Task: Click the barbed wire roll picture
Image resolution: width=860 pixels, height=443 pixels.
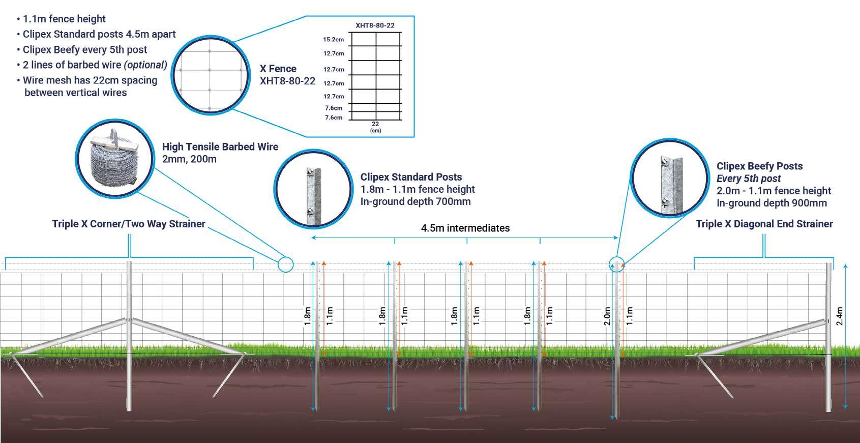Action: coord(114,158)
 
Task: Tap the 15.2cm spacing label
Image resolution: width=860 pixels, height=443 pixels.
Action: coord(333,39)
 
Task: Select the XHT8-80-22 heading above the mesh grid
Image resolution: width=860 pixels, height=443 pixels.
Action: coord(375,25)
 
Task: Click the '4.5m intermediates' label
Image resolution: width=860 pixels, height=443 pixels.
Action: coord(465,228)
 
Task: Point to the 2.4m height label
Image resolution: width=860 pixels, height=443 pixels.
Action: coord(840,316)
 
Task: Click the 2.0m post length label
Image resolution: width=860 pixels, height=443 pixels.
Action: coord(607,316)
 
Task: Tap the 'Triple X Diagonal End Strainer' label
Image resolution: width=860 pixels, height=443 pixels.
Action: coord(764,224)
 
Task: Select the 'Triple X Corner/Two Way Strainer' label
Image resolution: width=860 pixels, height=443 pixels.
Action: coord(129,224)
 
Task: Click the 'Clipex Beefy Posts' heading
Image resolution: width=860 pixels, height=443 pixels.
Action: coord(759,166)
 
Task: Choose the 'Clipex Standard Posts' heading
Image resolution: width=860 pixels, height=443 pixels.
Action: coord(411,177)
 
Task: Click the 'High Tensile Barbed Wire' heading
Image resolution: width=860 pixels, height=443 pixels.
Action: coord(220,146)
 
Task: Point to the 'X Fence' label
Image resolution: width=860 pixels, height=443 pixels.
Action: coord(278,69)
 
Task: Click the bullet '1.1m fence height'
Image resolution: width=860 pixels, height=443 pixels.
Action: coord(64,19)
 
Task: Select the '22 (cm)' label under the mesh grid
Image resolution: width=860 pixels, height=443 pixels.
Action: coord(375,127)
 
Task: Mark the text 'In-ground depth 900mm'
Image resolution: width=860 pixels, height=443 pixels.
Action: coord(772,203)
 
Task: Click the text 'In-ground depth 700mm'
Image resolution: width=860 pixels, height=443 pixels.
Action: coord(416,201)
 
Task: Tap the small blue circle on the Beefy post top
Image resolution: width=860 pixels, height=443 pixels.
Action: coord(616,263)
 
